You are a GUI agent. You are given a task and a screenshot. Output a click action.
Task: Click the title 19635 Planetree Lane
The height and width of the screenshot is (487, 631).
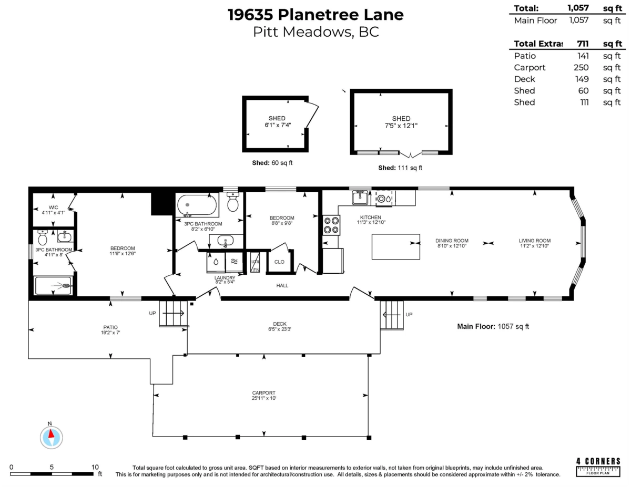(315, 14)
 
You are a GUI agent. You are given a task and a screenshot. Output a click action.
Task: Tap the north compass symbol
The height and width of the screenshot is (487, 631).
(51, 437)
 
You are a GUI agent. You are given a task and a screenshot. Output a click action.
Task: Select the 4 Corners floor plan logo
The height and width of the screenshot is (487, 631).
(598, 464)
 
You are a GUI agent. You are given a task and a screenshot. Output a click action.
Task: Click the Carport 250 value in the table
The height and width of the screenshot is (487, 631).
(581, 68)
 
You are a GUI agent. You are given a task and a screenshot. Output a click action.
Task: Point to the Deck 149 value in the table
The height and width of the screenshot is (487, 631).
(581, 79)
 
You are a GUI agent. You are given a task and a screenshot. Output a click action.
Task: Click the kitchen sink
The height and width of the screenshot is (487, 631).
(360, 198)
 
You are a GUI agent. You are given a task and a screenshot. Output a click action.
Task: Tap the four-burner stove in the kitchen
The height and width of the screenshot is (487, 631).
(331, 225)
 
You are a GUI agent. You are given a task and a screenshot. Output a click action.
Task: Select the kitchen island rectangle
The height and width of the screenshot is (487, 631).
(395, 246)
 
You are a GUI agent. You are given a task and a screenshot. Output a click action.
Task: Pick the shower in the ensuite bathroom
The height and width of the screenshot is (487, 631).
(54, 286)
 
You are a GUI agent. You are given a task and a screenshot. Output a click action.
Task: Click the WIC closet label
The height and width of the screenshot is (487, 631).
(53, 208)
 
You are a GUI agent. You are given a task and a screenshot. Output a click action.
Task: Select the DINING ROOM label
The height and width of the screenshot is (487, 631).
(452, 241)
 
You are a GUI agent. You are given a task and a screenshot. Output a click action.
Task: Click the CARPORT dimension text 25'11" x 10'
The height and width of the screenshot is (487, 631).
(263, 398)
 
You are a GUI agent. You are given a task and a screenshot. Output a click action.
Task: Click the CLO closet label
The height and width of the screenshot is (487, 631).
(279, 262)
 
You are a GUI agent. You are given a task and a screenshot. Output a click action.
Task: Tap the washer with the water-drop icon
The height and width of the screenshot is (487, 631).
(216, 261)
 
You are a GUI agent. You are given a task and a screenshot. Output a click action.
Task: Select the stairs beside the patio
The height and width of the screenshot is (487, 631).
(172, 313)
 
